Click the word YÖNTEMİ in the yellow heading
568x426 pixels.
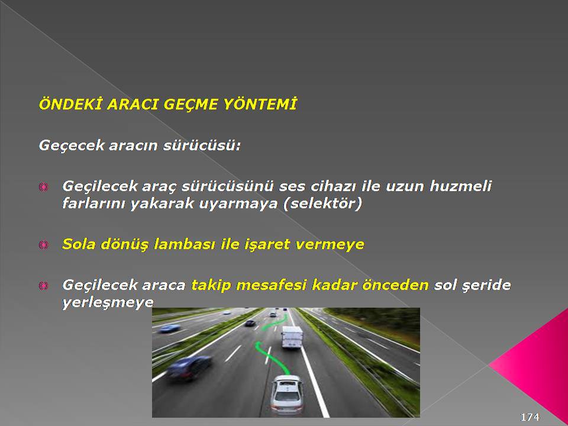(x=260, y=104)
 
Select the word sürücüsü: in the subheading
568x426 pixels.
(x=202, y=146)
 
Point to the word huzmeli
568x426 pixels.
(x=460, y=186)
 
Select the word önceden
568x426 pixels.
(x=396, y=285)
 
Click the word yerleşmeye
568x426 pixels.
(x=108, y=303)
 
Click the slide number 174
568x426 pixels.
(x=530, y=417)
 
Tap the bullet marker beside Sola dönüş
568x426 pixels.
(x=43, y=245)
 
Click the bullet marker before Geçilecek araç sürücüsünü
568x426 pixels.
(x=43, y=188)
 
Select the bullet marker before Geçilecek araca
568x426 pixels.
(x=43, y=286)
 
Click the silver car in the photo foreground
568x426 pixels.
(x=287, y=395)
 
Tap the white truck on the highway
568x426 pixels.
(x=292, y=337)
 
